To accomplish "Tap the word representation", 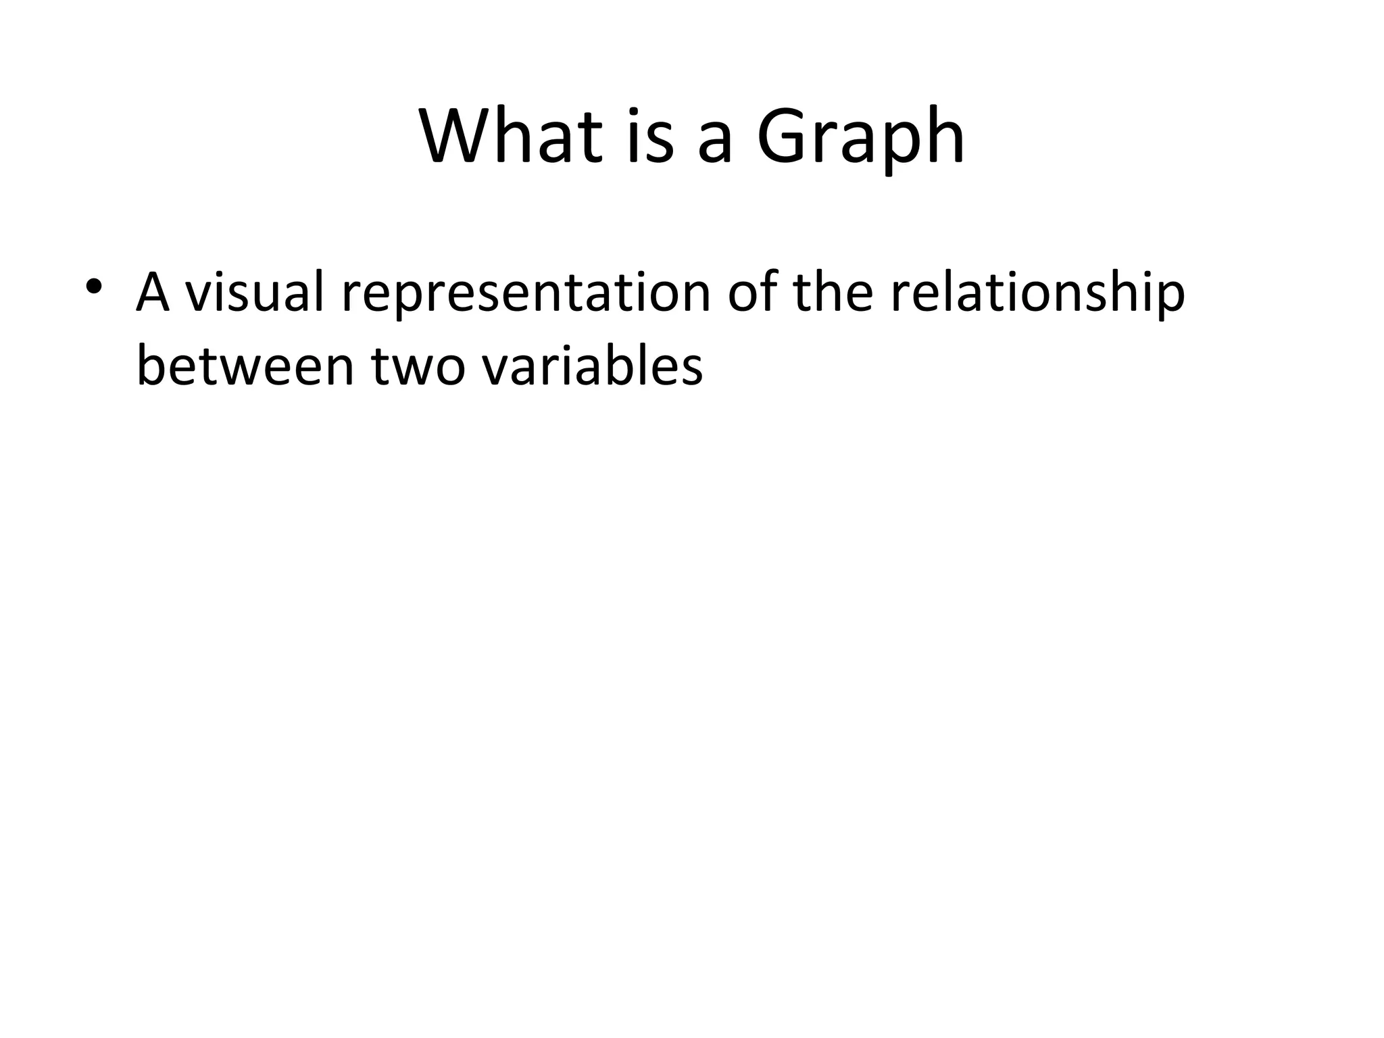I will (x=526, y=295).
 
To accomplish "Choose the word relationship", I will (x=1037, y=295).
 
